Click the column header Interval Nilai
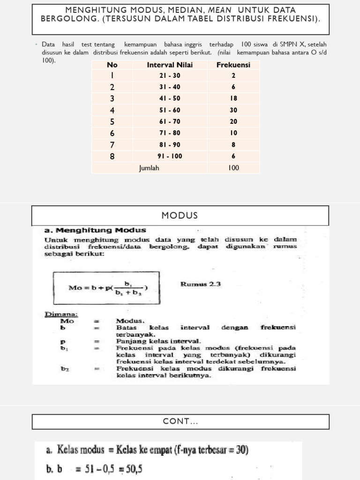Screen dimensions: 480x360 (170, 65)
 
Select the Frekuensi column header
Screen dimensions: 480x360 (233, 65)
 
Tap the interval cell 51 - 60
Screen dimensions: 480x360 (170, 110)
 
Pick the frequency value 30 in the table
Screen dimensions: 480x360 (233, 110)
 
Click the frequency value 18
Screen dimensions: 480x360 (233, 98)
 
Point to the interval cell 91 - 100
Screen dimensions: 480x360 (170, 156)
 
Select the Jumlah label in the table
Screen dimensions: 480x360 (149, 168)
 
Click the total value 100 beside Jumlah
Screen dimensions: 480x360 (233, 168)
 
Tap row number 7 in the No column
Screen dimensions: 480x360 (112, 145)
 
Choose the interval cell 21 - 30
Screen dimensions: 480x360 (170, 75)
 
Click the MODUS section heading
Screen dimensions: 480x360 (180, 216)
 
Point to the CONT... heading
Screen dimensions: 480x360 (180, 422)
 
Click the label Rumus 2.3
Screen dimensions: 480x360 (200, 284)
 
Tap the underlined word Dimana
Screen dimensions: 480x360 (61, 314)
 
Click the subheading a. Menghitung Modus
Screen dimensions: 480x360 (95, 230)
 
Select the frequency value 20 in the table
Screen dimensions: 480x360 (233, 122)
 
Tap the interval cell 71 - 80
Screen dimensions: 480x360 (170, 133)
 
